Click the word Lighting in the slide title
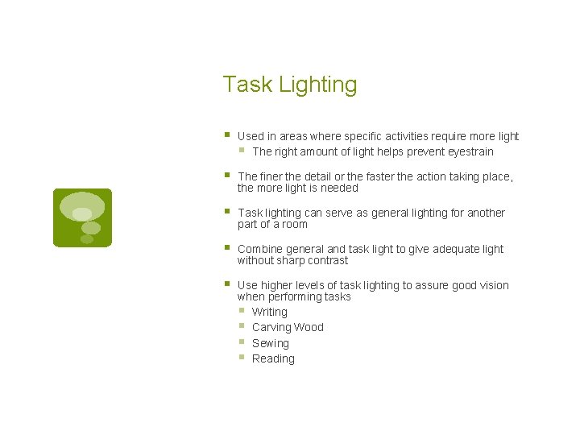318,85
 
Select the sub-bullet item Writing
269,312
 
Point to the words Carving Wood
288,327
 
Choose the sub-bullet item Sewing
270,343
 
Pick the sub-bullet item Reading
273,358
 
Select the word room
295,224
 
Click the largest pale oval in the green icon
82,205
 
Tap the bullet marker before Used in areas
228,135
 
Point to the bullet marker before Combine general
228,247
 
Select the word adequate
445,249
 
